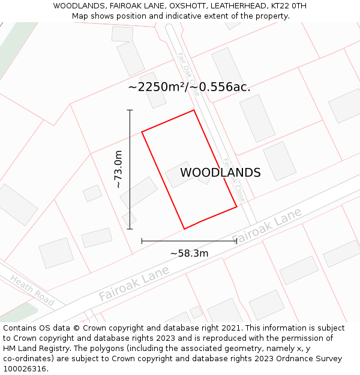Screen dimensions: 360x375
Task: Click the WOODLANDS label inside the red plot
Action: click(x=220, y=173)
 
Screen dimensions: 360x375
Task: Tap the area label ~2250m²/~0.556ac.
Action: click(x=189, y=87)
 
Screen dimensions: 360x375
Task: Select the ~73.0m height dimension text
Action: click(x=118, y=169)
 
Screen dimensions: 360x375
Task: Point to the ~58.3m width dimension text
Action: click(x=189, y=253)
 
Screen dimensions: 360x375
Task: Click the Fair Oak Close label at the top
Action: click(x=187, y=70)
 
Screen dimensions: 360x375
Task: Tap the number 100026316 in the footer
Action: click(x=25, y=369)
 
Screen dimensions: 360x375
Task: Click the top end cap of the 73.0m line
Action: click(x=130, y=110)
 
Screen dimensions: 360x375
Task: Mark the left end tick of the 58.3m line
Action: click(x=142, y=241)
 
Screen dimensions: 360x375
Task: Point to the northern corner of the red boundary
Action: click(x=194, y=110)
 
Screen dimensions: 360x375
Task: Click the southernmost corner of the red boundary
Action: click(x=184, y=229)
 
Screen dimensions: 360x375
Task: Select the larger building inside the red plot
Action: click(x=179, y=174)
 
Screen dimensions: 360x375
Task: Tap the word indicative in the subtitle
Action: click(x=192, y=16)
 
